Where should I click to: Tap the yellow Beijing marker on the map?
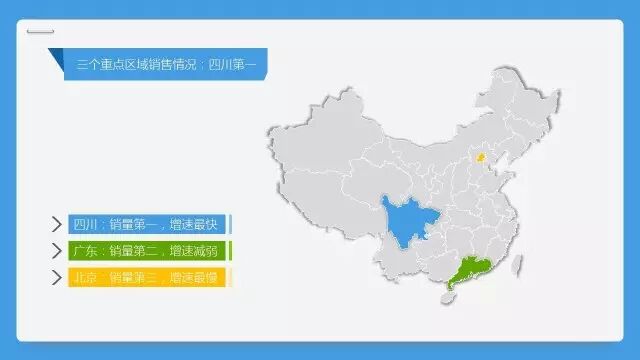(x=481, y=157)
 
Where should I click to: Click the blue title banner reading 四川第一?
(x=166, y=64)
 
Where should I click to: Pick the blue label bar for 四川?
(x=147, y=224)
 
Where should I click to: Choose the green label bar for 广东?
(x=147, y=251)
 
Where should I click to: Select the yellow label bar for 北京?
(x=147, y=278)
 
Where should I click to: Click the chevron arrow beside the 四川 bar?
(x=57, y=224)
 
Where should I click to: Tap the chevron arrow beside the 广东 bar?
(x=57, y=251)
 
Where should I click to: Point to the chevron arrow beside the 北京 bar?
(x=57, y=278)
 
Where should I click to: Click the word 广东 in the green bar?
(x=85, y=251)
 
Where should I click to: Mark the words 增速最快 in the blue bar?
(x=193, y=224)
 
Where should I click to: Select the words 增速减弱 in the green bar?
(x=193, y=251)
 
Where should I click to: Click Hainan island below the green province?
(x=448, y=298)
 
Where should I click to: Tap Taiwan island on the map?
(x=517, y=265)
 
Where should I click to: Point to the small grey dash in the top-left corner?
(x=40, y=31)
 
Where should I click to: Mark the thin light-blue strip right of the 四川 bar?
(x=230, y=224)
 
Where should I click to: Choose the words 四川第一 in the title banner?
(x=232, y=64)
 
